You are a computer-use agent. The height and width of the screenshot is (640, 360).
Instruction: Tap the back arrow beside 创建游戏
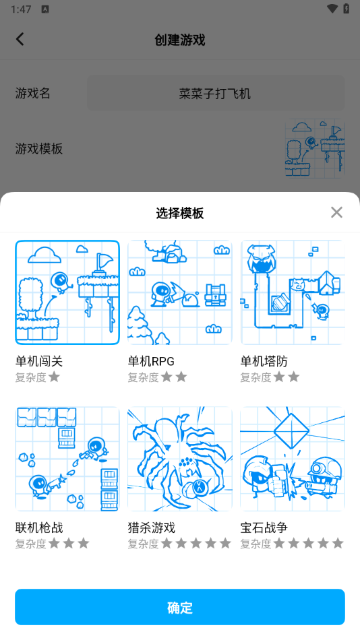[x=20, y=39]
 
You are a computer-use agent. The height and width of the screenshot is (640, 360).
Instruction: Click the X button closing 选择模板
[x=336, y=212]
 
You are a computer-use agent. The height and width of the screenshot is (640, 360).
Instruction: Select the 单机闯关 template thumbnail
[x=67, y=292]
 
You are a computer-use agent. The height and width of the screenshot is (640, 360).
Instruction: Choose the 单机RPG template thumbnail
[x=180, y=292]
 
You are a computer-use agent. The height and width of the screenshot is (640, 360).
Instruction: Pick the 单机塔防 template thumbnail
[x=293, y=292]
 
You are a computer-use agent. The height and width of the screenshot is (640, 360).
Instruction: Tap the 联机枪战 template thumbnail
[x=67, y=459]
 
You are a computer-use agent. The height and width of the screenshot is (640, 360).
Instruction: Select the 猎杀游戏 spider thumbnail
[x=180, y=459]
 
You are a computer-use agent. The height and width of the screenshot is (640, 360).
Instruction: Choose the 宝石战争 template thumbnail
[x=293, y=459]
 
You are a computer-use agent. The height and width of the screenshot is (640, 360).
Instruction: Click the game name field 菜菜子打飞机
[x=216, y=94]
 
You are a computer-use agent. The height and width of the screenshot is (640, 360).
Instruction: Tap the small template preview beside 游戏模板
[x=315, y=149]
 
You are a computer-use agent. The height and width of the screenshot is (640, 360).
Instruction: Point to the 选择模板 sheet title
[x=180, y=213]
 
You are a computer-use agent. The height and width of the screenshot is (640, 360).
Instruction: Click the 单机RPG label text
[x=151, y=361]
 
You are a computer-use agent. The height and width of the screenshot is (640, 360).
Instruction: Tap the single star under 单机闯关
[x=54, y=377]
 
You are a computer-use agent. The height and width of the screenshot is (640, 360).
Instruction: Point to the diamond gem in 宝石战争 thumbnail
[x=291, y=429]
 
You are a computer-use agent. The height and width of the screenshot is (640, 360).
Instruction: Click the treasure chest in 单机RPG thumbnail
[x=215, y=294]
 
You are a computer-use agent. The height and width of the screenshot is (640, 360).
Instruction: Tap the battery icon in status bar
[x=346, y=9]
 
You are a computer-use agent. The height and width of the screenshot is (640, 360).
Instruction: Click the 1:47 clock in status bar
[x=22, y=9]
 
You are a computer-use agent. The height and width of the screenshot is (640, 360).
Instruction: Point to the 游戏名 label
[x=32, y=94]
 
